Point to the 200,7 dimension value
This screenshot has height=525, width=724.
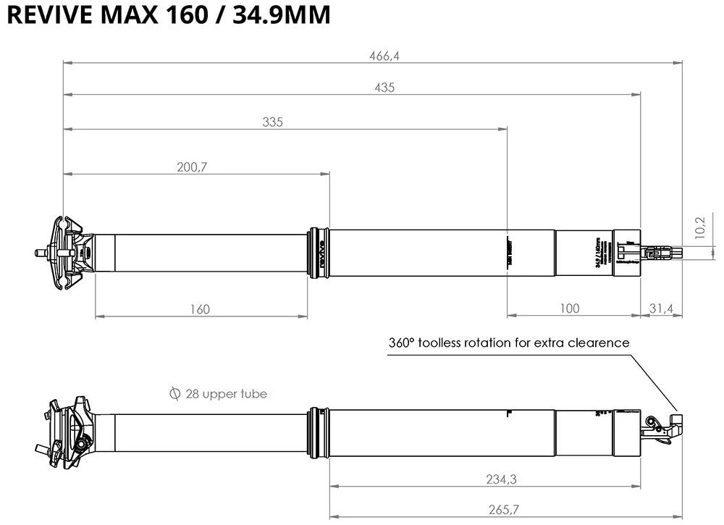tap(192, 167)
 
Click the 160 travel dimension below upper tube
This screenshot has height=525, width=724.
tap(201, 309)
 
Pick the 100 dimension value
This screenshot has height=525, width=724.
tap(570, 308)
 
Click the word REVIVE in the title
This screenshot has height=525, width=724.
tap(46, 16)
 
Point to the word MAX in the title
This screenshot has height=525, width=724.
tap(134, 16)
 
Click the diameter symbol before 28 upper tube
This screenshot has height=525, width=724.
tap(174, 394)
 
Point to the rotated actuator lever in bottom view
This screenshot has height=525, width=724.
tap(666, 427)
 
